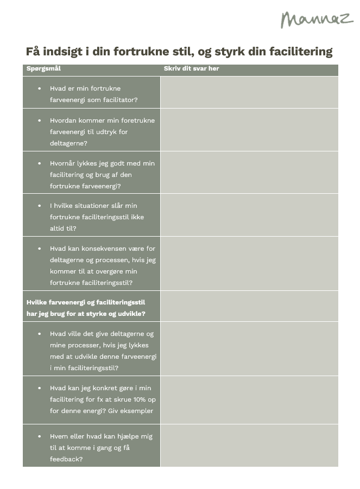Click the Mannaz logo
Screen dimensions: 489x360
point(317,19)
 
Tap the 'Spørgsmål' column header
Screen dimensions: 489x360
point(43,69)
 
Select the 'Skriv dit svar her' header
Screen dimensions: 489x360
point(191,69)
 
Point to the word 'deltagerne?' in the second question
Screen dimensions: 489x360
point(68,143)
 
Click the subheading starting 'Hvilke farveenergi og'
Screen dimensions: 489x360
point(86,308)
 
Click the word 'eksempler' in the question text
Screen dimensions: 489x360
point(138,411)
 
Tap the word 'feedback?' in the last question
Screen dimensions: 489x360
point(66,459)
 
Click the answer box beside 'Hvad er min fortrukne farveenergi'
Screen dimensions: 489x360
point(249,92)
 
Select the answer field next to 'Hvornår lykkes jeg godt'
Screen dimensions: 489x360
point(249,173)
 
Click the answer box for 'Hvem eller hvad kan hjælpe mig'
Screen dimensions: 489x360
point(249,446)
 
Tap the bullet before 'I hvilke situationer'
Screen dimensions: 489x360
point(39,206)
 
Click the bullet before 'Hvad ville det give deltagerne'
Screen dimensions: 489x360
point(39,334)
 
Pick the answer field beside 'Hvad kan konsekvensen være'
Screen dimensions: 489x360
point(249,264)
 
